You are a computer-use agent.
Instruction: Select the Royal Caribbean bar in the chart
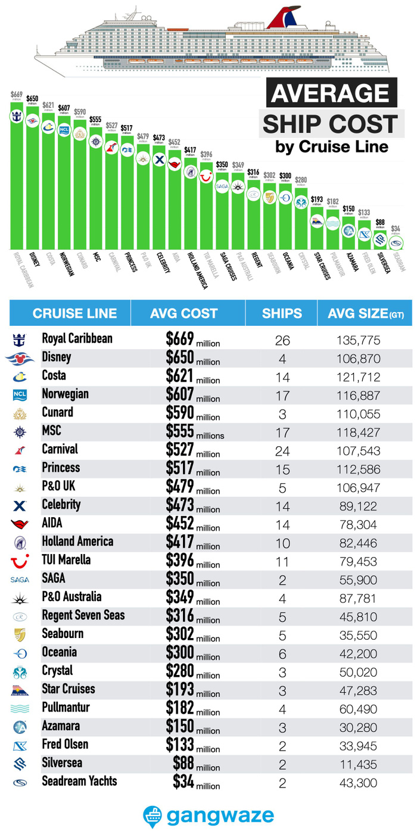[x=17, y=179]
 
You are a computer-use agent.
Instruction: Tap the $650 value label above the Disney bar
[x=32, y=99]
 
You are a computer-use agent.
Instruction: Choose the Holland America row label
[x=77, y=542]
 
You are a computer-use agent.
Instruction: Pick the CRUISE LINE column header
[x=74, y=313]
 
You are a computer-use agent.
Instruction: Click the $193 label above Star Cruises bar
[x=317, y=199]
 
